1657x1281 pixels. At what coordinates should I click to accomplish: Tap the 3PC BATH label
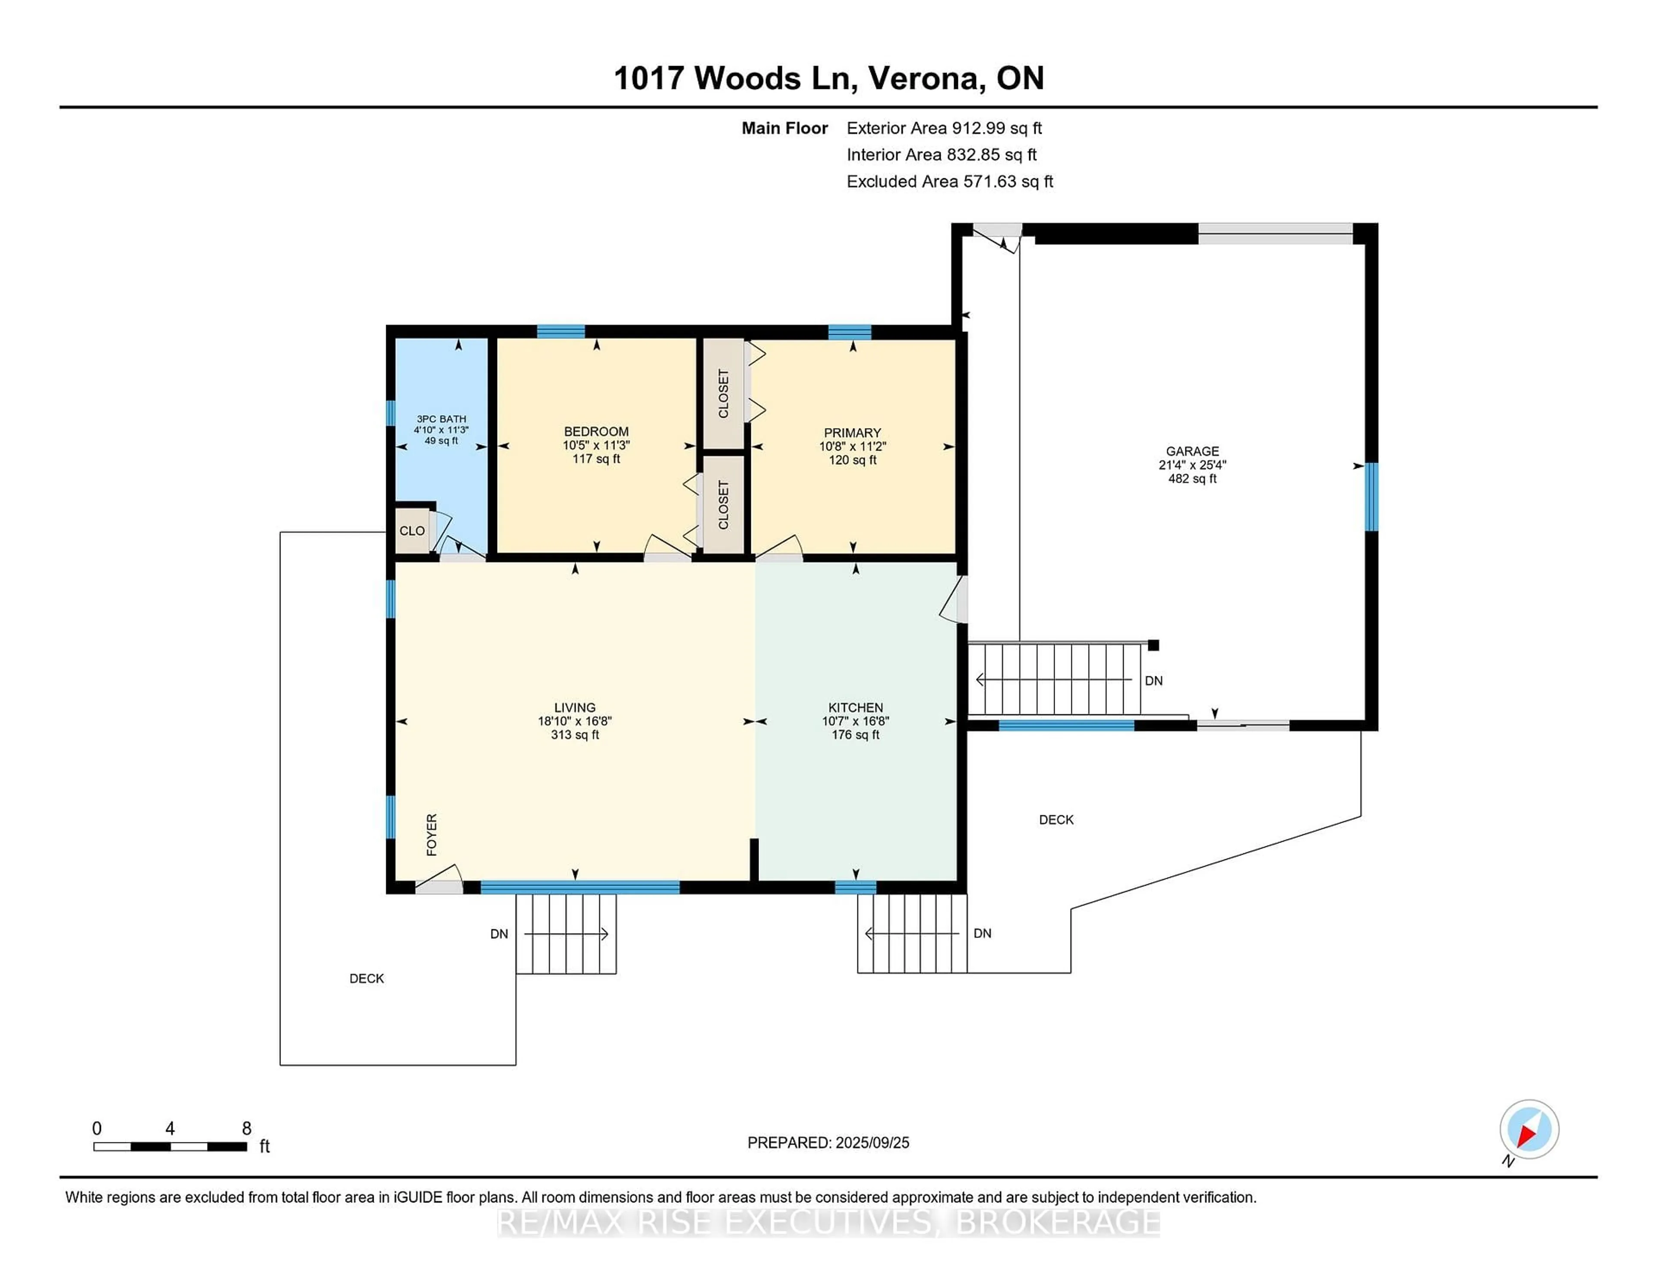tap(441, 419)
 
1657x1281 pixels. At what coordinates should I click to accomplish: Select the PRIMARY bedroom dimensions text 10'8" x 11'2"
tap(852, 446)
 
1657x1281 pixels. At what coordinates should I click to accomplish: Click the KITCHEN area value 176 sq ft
tap(855, 735)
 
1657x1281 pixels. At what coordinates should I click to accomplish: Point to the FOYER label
tap(432, 835)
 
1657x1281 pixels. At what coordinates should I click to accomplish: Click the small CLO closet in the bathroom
tap(412, 530)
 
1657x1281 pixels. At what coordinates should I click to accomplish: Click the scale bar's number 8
tap(246, 1129)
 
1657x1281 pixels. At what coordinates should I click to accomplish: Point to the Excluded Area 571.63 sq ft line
tap(949, 181)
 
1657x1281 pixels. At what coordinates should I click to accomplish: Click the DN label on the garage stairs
tap(1153, 681)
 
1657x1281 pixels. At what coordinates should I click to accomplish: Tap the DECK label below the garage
tap(1055, 820)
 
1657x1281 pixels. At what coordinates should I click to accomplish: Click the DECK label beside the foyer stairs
tap(366, 978)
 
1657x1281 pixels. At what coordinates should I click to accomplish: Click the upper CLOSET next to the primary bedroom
tap(723, 393)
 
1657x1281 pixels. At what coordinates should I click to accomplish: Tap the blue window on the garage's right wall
tap(1371, 497)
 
